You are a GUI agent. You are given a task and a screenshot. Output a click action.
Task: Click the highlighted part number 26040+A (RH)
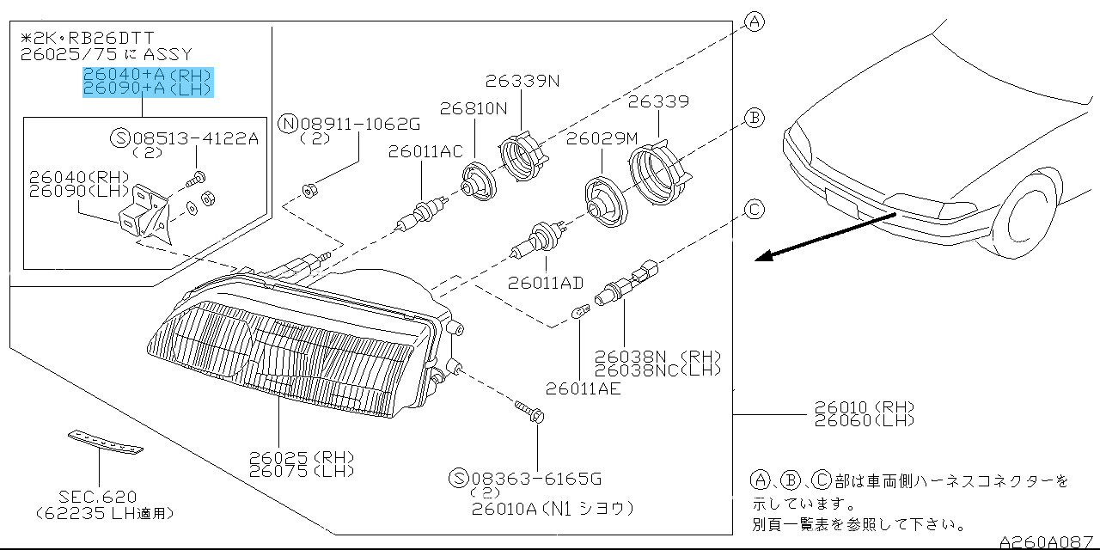tap(147, 75)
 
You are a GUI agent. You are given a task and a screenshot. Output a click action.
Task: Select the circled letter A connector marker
tap(754, 22)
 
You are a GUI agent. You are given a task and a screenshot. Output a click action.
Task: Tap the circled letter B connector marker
tap(754, 119)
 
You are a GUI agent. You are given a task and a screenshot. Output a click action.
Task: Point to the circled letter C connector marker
tap(754, 209)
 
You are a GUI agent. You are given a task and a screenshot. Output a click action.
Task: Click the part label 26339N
tap(522, 82)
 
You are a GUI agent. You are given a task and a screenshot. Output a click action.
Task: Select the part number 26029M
tap(602, 137)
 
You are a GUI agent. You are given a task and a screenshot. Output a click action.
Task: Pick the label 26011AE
tap(583, 388)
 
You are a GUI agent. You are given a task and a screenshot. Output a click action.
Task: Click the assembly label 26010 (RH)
tap(864, 407)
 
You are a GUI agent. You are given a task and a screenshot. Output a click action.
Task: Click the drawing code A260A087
tap(1048, 541)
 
